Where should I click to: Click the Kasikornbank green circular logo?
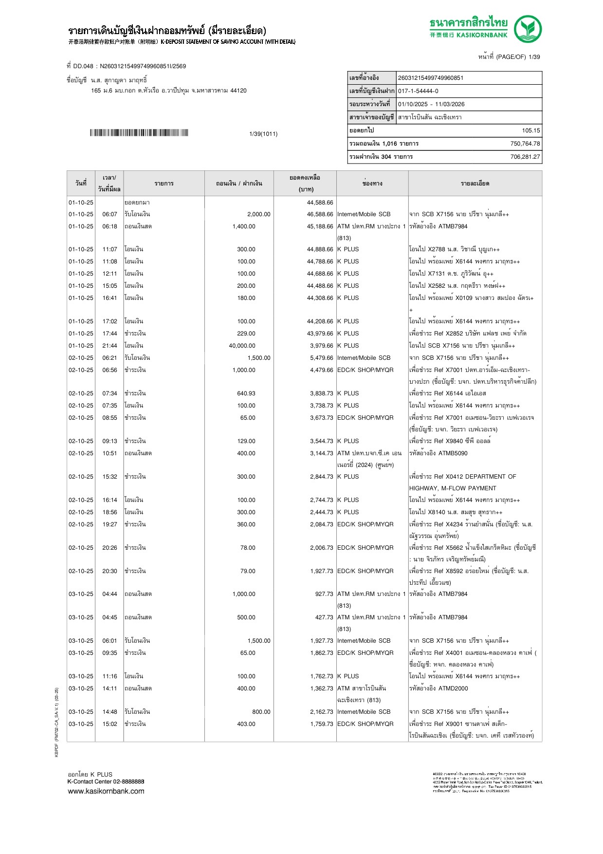(x=528, y=29)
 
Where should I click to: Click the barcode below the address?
(x=139, y=133)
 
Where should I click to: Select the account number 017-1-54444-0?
(x=418, y=91)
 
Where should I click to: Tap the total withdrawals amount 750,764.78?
(x=525, y=144)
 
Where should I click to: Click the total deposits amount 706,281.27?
(x=525, y=157)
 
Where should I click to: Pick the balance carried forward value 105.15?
(x=530, y=130)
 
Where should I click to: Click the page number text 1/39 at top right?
(x=534, y=57)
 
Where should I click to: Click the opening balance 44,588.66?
(x=320, y=203)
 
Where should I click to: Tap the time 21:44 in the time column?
(x=110, y=346)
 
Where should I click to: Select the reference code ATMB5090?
(x=453, y=453)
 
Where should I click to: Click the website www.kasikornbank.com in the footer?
(x=106, y=791)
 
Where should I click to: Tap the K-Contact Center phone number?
(x=128, y=781)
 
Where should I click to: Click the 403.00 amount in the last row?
(x=246, y=724)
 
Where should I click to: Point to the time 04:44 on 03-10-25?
(x=110, y=594)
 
